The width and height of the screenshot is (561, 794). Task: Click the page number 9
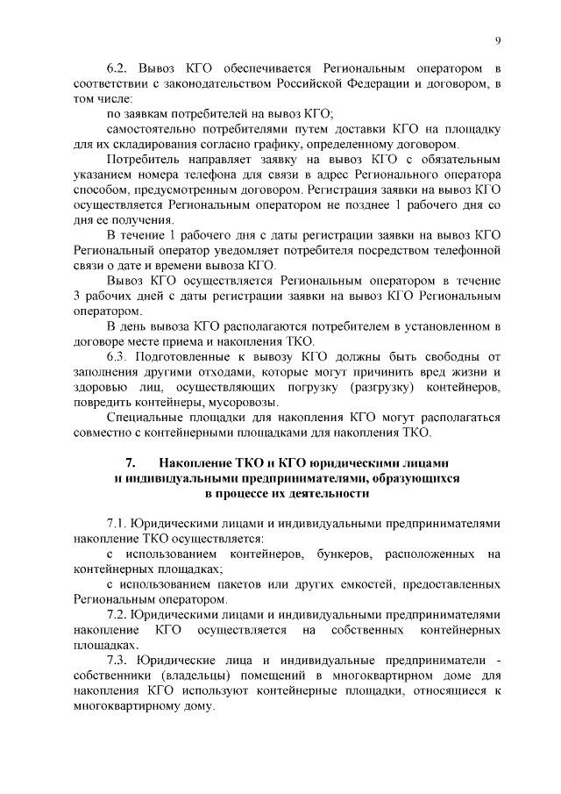coord(497,40)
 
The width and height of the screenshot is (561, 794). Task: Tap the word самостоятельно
coord(154,128)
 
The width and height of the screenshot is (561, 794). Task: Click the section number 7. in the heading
coord(131,461)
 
